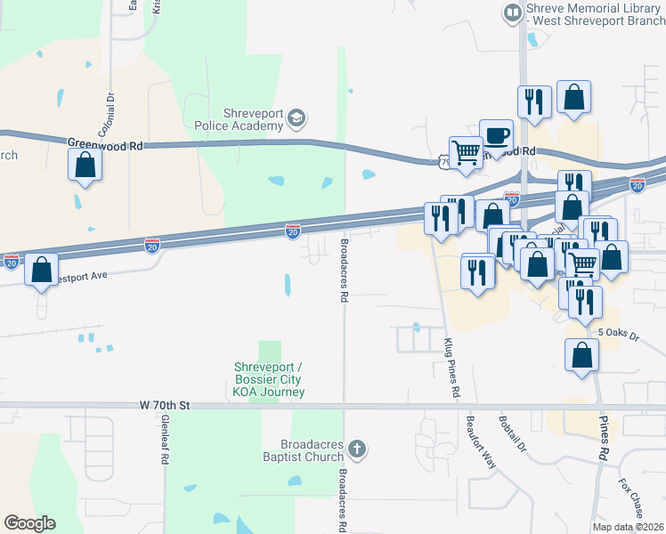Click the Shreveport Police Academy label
[x=239, y=119]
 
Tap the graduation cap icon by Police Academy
[x=297, y=118]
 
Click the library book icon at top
[x=513, y=12]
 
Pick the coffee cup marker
[x=496, y=136]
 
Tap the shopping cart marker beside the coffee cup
[x=466, y=153]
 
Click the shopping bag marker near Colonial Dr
[x=85, y=165]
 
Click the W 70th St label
[x=166, y=405]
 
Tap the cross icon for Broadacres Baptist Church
[x=356, y=449]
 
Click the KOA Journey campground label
[x=269, y=379]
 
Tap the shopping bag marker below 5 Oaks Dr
[x=581, y=355]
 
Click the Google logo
[x=29, y=523]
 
